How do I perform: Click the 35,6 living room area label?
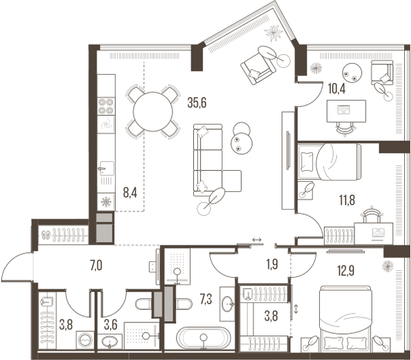pyautogui.click(x=197, y=103)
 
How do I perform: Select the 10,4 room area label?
pyautogui.click(x=336, y=88)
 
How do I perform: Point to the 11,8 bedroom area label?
pyautogui.click(x=347, y=201)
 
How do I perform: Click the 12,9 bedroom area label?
pyautogui.click(x=346, y=271)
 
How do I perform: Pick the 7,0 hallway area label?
pyautogui.click(x=96, y=266)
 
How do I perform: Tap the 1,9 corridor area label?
pyautogui.click(x=272, y=265)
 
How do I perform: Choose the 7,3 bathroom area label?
pyautogui.click(x=206, y=300)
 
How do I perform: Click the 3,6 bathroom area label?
pyautogui.click(x=110, y=325)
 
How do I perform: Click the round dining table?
pyautogui.click(x=153, y=112)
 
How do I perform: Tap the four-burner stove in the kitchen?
pyautogui.click(x=106, y=106)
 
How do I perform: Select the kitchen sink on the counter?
pyautogui.click(x=106, y=168)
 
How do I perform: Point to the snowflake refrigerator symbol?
pyautogui.click(x=106, y=202)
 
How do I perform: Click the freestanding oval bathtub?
pyautogui.click(x=203, y=337)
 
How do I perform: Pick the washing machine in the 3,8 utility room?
pyautogui.click(x=85, y=340)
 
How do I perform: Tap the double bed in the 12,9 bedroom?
pyautogui.click(x=346, y=319)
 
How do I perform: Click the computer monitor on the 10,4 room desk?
pyautogui.click(x=344, y=110)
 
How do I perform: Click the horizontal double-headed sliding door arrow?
pyautogui.click(x=257, y=239)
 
